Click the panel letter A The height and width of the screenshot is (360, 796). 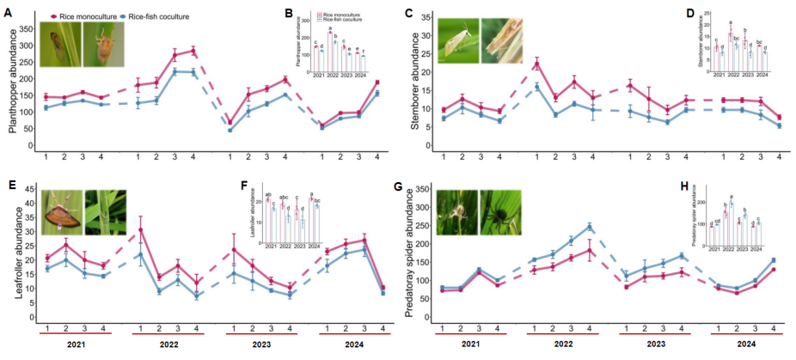pos(8,14)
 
